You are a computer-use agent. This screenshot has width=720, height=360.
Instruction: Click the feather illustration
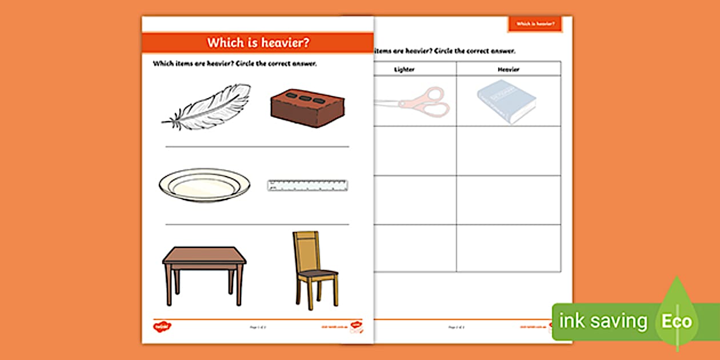pos(207,107)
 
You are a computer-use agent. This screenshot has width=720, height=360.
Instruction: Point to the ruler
pos(307,185)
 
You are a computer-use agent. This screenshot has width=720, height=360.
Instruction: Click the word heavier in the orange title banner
pos(282,43)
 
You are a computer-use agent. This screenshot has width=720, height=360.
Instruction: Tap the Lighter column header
pos(404,69)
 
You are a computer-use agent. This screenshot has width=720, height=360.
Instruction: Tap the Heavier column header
pos(508,69)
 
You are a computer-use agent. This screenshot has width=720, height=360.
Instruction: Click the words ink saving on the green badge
pos(603,321)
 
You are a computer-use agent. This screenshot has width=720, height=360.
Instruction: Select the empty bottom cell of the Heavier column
pos(508,248)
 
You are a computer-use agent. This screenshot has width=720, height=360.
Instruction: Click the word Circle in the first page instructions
pos(255,64)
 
